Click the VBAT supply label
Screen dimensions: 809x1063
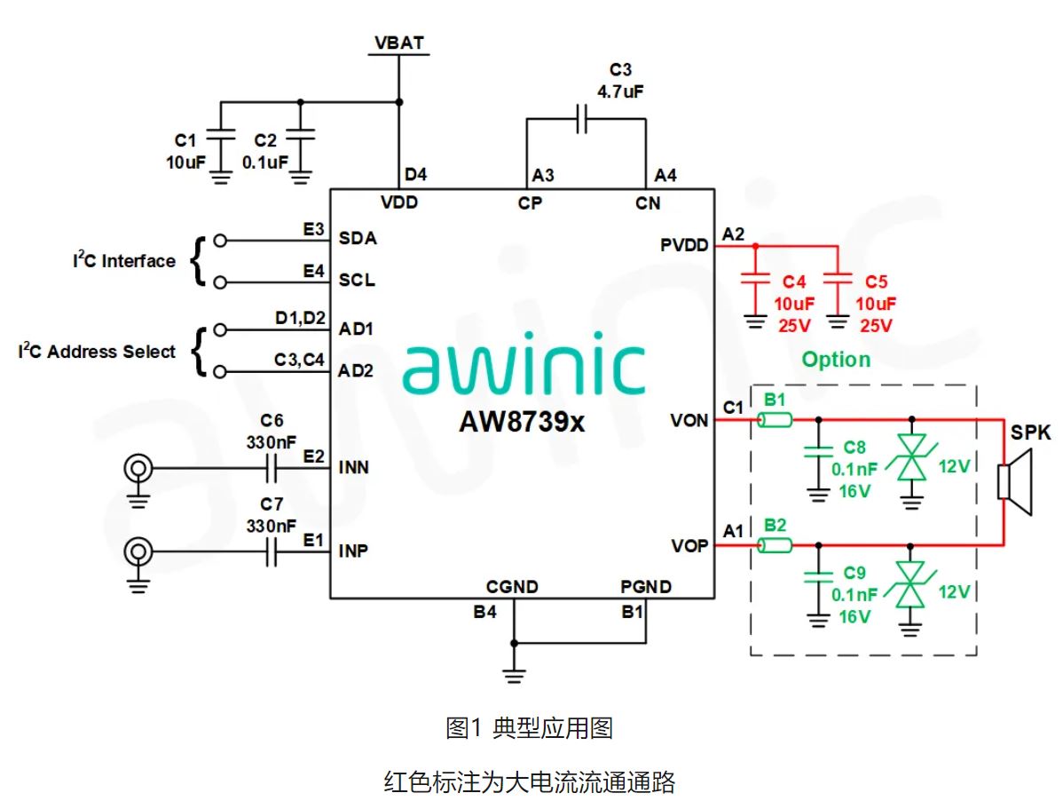pyautogui.click(x=398, y=42)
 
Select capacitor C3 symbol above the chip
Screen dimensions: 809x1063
pyautogui.click(x=583, y=119)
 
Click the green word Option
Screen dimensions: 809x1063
pyautogui.click(x=836, y=360)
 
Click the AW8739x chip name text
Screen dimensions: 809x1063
pyautogui.click(x=522, y=422)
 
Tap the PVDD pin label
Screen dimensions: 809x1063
pyautogui.click(x=683, y=244)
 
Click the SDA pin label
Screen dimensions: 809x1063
pyautogui.click(x=357, y=239)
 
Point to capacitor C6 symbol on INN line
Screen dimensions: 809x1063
pyautogui.click(x=273, y=467)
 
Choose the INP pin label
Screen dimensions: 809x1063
pyautogui.click(x=353, y=551)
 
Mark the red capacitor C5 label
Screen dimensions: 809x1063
pyautogui.click(x=876, y=282)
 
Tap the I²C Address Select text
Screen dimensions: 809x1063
pyautogui.click(x=98, y=352)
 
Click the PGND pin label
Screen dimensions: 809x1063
pyautogui.click(x=645, y=587)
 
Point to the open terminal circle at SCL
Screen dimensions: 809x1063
pyautogui.click(x=220, y=282)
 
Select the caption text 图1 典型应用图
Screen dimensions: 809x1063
pyautogui.click(x=529, y=729)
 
